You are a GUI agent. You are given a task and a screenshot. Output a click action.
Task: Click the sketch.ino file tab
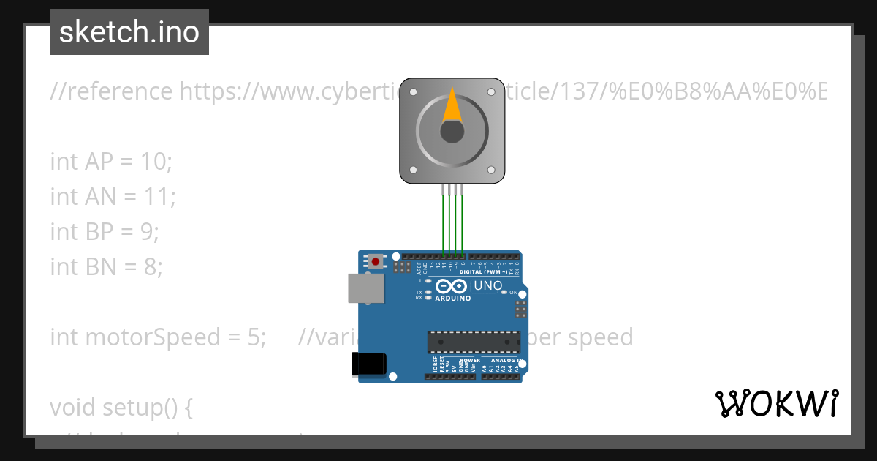coord(129,32)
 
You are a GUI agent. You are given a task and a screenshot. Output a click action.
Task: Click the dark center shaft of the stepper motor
coord(452,132)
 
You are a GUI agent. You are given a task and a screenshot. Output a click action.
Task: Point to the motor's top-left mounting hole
coord(413,92)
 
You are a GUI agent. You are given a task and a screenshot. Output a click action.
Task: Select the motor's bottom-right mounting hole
coord(491,170)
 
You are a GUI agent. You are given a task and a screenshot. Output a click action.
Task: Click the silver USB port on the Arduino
coord(365,288)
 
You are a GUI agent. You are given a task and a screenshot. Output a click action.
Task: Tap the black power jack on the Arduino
coord(368,364)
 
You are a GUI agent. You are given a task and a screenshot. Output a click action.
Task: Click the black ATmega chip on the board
coord(474,341)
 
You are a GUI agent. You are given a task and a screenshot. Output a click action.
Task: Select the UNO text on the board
coord(488,285)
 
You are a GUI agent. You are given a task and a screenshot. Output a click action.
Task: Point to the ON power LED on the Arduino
coord(504,292)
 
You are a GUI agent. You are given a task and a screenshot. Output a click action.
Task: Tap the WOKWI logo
coord(776,404)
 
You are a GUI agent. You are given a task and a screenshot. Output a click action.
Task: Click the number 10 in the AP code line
coord(151,162)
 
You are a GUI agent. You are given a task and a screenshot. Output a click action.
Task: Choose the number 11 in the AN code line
coord(155,196)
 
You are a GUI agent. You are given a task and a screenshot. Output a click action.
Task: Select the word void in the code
coord(73,407)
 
